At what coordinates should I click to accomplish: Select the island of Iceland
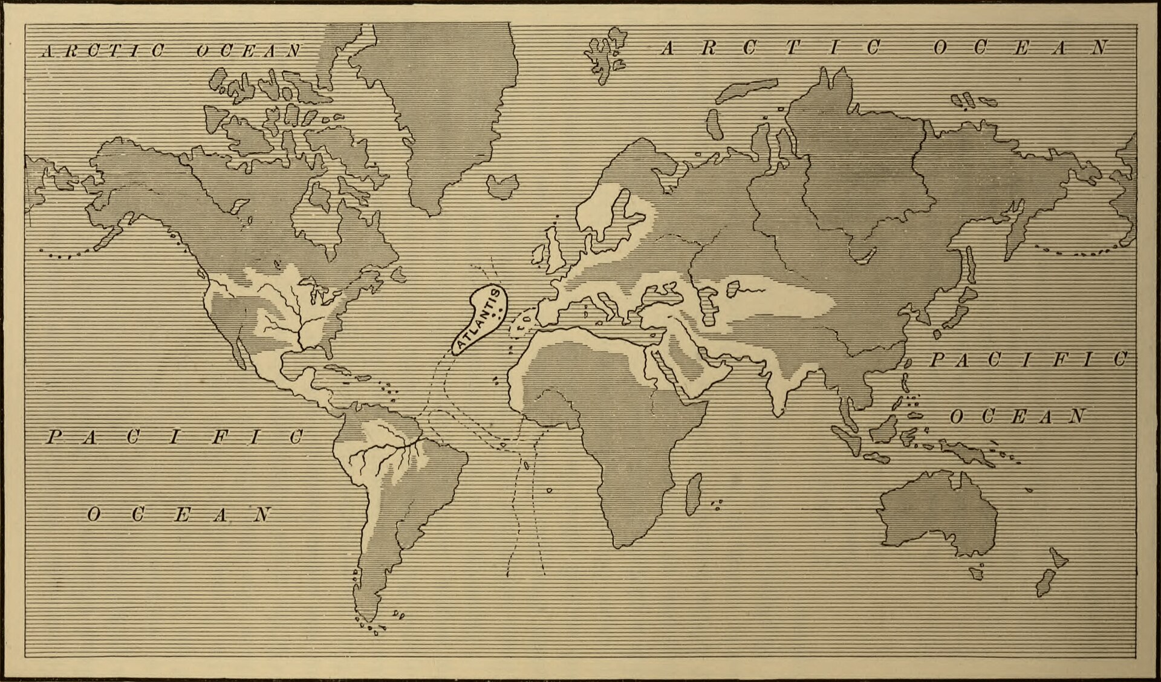tap(502, 185)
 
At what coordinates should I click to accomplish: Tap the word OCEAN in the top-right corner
tap(1021, 48)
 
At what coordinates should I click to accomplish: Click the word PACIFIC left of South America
tap(175, 437)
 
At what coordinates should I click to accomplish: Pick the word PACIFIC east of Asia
tap(1028, 360)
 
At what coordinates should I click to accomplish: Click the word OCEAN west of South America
tap(179, 515)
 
